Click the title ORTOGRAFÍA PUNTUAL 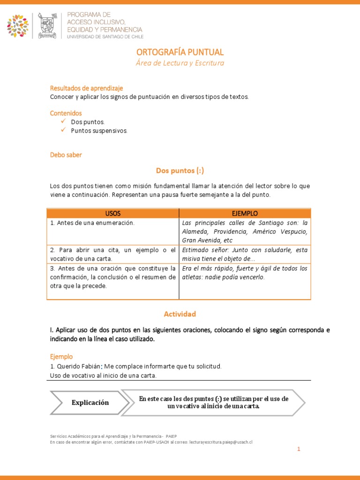pos(180,52)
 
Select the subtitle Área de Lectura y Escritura pos(180,63)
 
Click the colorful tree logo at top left pos(18,26)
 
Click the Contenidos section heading pos(66,113)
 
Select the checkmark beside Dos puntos pos(63,121)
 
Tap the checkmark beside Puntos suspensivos pos(63,130)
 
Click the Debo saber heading pos(66,155)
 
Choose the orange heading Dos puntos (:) pos(180,171)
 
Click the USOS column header pos(113,213)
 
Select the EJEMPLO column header pos(245,213)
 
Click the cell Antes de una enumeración pos(92,223)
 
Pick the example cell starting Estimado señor pos(245,254)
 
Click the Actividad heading pos(180,314)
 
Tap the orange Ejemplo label pos(61,356)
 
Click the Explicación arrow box pos(90,403)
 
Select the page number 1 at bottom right pos(298,449)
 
